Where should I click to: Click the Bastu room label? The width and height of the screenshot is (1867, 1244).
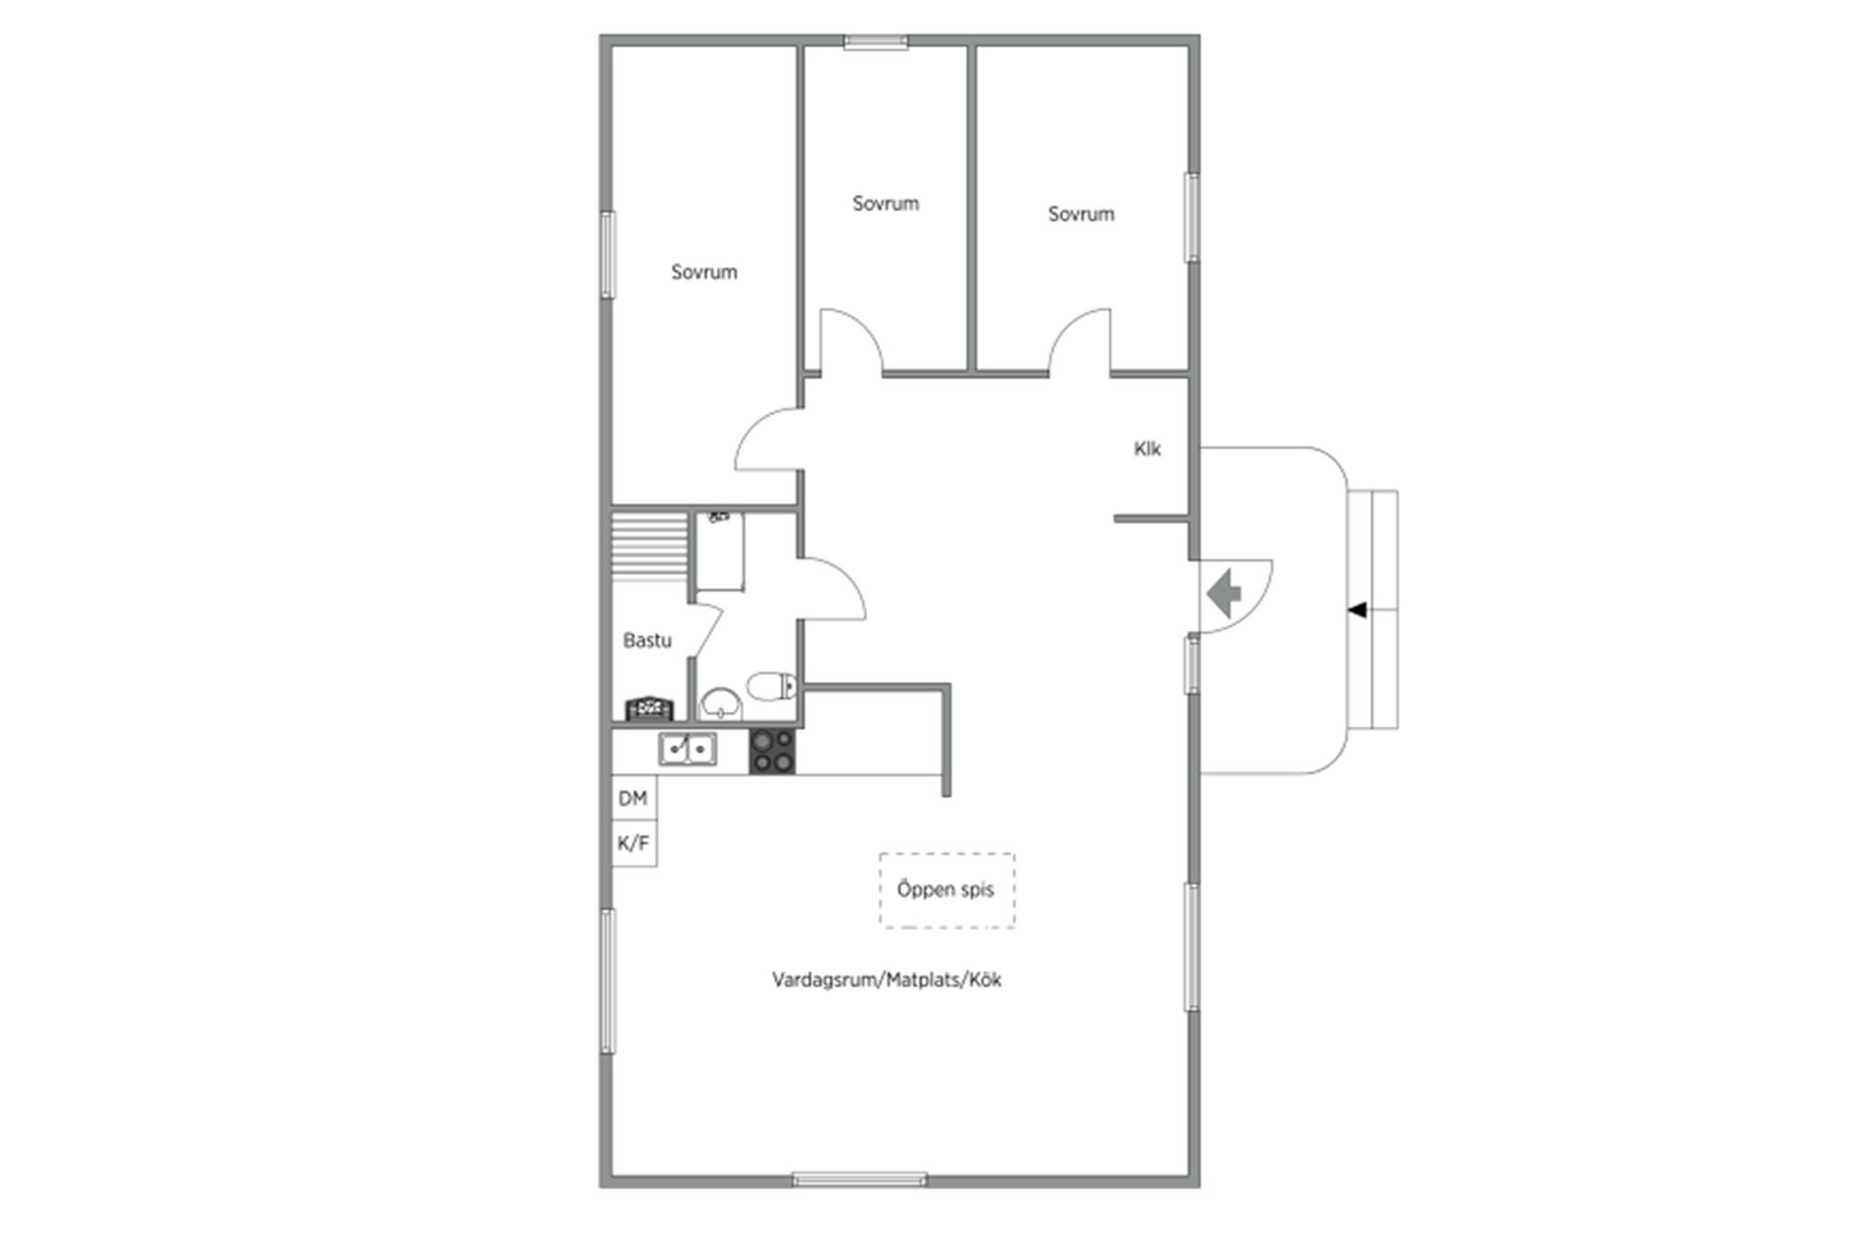(647, 641)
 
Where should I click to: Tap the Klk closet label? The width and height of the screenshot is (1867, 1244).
(1147, 448)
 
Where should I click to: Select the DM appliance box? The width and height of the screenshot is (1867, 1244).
(633, 798)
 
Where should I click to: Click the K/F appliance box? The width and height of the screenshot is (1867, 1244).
(634, 843)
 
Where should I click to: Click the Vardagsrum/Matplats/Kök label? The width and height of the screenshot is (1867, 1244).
(887, 980)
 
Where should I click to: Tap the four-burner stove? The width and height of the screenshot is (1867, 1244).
(771, 752)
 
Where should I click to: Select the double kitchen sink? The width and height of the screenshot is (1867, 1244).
(687, 749)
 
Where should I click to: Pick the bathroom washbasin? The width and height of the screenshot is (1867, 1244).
(722, 704)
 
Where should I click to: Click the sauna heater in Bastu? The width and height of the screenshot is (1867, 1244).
(649, 708)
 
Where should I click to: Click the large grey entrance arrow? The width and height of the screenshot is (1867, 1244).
(1223, 593)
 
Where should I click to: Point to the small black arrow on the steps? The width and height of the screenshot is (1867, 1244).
(1357, 610)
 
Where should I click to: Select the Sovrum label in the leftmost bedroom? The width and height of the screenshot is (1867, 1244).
(704, 272)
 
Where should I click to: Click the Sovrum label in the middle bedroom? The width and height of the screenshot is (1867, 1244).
(885, 203)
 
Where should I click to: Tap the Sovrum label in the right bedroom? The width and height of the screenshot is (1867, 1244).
(1080, 214)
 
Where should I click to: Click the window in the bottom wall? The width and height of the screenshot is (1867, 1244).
(860, 1179)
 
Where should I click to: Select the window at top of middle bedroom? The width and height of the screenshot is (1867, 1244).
(875, 41)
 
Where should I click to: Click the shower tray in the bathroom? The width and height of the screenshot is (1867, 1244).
(720, 552)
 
